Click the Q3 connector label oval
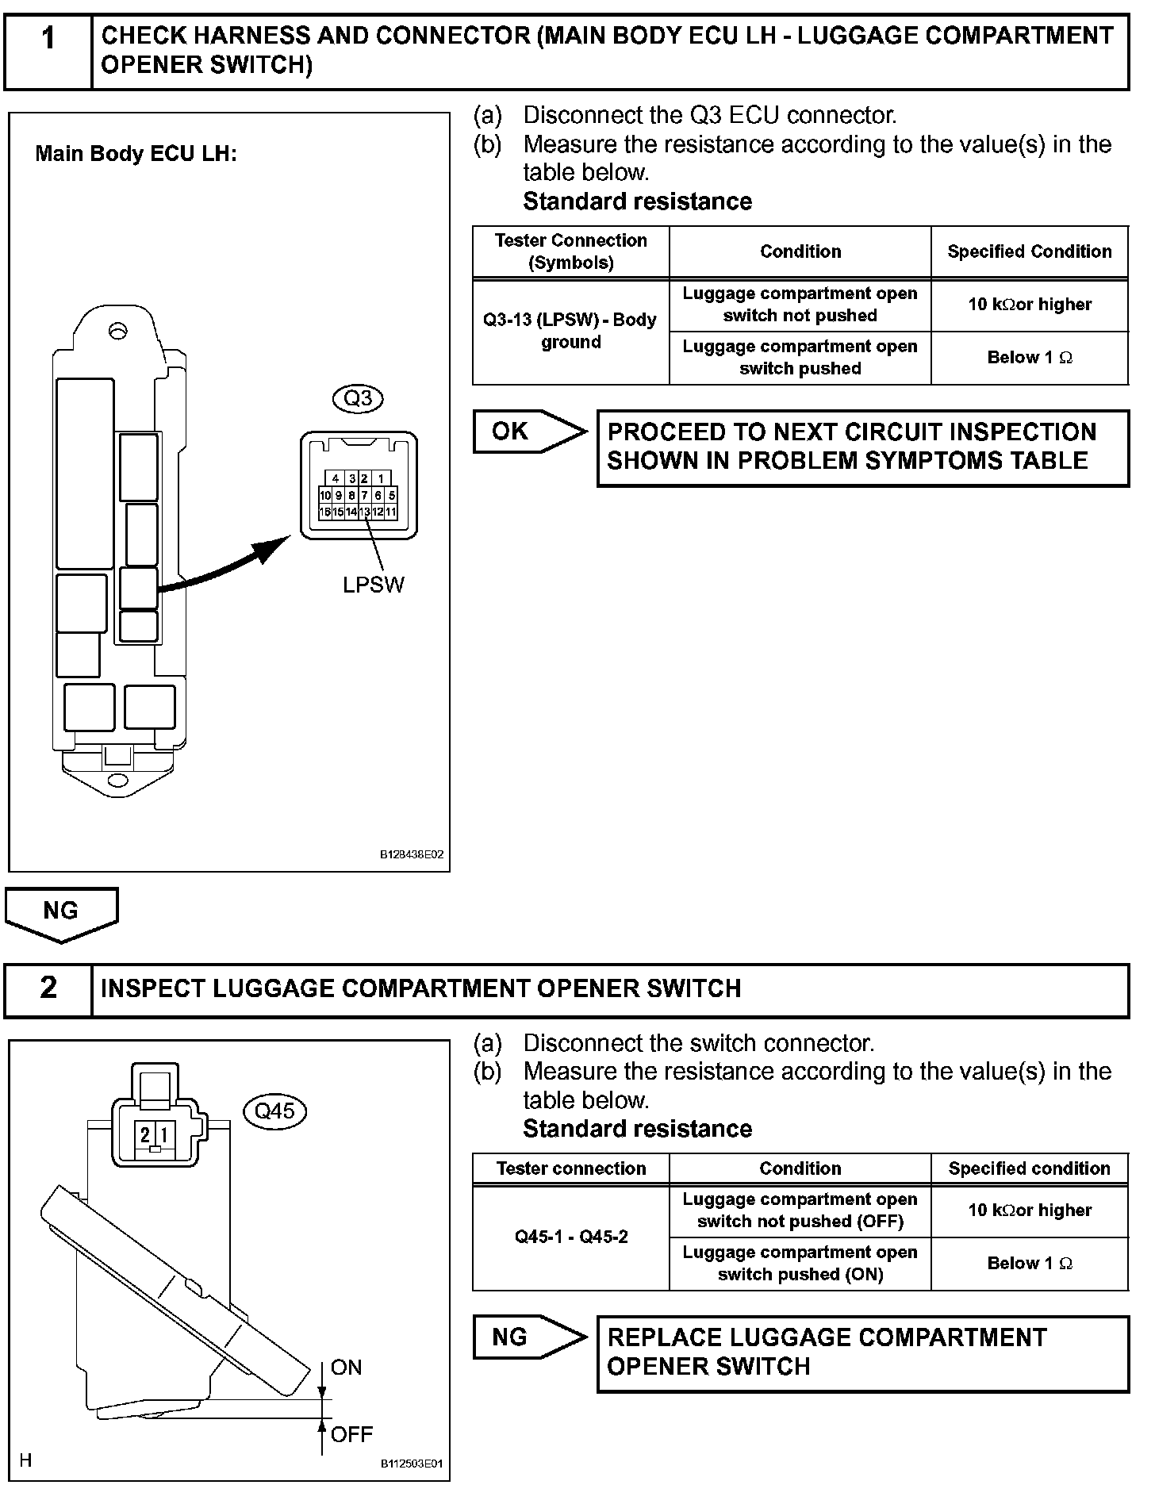(x=359, y=397)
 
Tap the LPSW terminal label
(x=373, y=585)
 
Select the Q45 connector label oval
(x=274, y=1111)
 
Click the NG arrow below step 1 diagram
(x=61, y=912)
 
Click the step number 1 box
(x=48, y=50)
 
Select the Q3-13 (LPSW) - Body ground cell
(x=570, y=331)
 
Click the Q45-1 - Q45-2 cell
(x=570, y=1237)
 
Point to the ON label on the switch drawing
(x=347, y=1367)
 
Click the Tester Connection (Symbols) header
(x=570, y=251)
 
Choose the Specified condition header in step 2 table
(x=1029, y=1168)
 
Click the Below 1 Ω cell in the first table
(x=1029, y=358)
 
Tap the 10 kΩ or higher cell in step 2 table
(x=1029, y=1210)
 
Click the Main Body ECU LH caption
(x=136, y=154)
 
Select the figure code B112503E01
(x=411, y=1464)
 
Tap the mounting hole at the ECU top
(x=118, y=331)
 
